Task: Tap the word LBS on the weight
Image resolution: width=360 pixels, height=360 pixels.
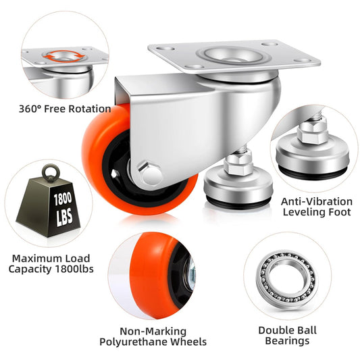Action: (65, 217)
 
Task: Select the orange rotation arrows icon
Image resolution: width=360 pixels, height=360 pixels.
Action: (63, 56)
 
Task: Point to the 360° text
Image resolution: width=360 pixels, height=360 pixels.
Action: (30, 109)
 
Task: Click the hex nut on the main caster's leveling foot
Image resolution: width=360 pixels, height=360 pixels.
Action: (238, 164)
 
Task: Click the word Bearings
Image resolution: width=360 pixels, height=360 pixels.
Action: (287, 340)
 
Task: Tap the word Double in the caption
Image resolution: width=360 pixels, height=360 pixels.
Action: (271, 330)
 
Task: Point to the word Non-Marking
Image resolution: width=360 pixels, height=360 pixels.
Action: (153, 332)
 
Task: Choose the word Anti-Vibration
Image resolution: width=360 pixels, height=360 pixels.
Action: (317, 201)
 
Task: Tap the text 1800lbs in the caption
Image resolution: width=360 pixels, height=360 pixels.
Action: (74, 269)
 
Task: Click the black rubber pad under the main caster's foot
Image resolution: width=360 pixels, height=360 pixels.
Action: (238, 201)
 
